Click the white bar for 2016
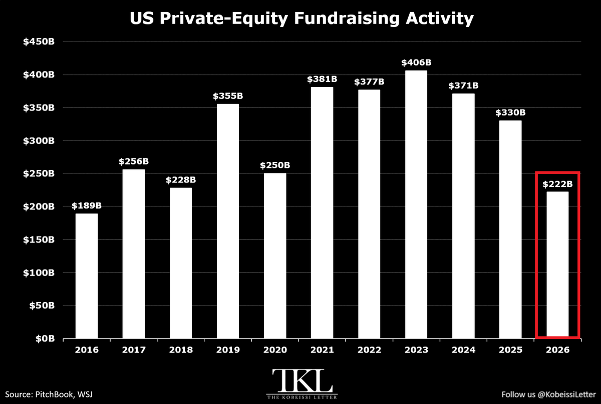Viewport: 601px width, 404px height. coord(86,276)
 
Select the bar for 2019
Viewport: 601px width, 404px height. coord(228,221)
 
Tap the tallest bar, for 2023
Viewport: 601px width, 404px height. coord(416,204)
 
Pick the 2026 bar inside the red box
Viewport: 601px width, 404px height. coord(557,264)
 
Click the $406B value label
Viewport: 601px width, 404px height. coord(416,62)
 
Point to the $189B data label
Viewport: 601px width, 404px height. coord(86,206)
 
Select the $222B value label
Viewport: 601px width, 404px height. coord(557,184)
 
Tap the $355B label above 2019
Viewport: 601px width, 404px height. coord(228,96)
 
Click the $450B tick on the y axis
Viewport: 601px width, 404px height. coord(39,42)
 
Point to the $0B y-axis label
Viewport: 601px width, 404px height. coord(45,338)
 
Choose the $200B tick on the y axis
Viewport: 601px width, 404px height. coord(39,207)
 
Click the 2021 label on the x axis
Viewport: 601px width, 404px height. coord(322,350)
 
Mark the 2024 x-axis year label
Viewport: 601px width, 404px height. coord(463,350)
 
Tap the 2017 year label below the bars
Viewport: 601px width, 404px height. coord(134,350)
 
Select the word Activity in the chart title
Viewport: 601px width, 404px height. coord(440,19)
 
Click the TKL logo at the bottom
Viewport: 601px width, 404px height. coord(302,384)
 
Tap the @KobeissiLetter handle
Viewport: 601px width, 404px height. coord(566,394)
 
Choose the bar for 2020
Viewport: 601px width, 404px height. coord(275,255)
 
